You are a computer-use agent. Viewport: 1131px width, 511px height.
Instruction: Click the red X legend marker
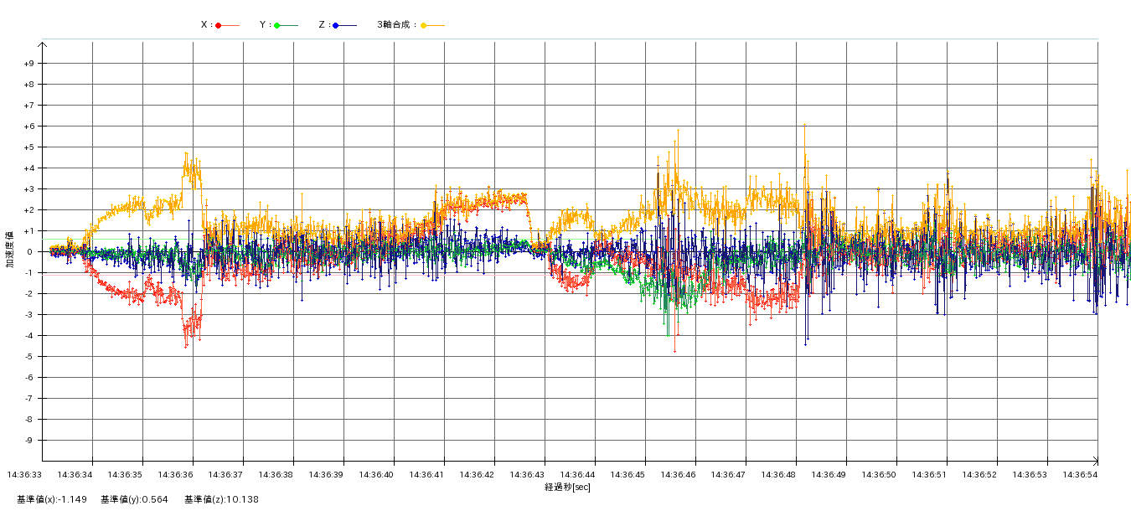pos(218,25)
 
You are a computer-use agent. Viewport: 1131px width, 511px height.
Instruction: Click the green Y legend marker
pos(276,25)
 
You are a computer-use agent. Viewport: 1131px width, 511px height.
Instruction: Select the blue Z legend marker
pos(335,25)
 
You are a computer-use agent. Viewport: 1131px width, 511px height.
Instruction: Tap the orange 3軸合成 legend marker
pos(423,25)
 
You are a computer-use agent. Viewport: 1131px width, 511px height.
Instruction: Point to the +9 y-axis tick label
pos(28,64)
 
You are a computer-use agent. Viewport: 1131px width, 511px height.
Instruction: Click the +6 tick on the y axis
pos(28,126)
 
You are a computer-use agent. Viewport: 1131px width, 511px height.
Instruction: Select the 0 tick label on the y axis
pos(30,252)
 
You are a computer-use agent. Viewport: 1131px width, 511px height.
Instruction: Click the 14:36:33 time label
pos(24,475)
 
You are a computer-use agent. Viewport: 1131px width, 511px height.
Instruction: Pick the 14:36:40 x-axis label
pos(376,475)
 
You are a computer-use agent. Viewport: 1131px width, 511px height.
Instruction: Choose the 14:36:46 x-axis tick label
pos(678,475)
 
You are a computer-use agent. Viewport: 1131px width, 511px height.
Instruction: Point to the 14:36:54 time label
pos(1080,475)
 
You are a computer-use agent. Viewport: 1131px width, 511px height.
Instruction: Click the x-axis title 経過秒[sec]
pos(567,487)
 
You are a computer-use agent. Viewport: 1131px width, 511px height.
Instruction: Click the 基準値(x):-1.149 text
pos(52,500)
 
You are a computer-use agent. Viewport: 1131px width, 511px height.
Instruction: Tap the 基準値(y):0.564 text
pos(134,500)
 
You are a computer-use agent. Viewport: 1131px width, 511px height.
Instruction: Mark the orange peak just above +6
pos(804,125)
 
